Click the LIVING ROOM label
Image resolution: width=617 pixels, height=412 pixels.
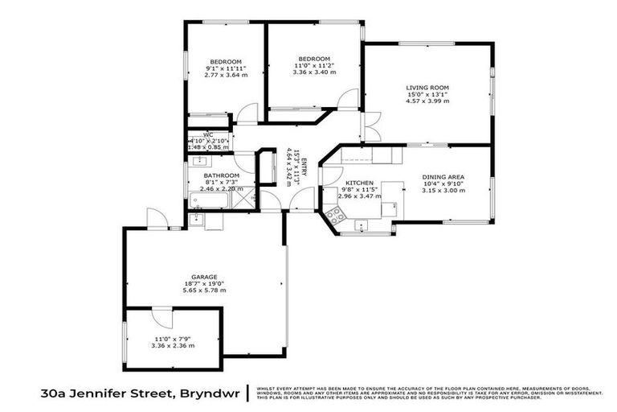pos(427,87)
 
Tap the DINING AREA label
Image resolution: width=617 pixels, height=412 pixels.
pos(443,176)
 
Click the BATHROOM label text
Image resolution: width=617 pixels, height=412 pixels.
pos(221,175)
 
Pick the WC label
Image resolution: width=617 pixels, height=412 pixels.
pos(207,134)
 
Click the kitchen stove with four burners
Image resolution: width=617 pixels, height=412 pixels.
pos(335,214)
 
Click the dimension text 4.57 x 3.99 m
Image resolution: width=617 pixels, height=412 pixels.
pos(427,101)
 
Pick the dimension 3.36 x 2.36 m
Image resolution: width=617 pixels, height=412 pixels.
pos(174,346)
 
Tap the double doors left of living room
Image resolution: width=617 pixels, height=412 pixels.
pos(370,127)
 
